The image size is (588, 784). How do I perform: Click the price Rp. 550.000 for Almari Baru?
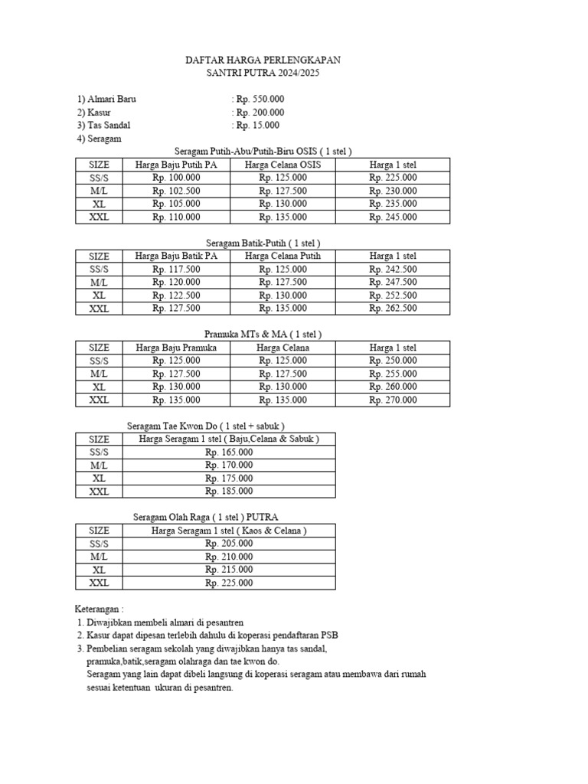(260, 100)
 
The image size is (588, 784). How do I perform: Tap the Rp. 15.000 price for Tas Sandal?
(257, 126)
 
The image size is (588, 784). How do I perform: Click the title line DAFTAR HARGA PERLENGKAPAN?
(263, 60)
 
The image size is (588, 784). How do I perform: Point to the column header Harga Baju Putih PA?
(176, 165)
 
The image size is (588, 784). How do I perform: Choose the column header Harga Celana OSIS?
(283, 165)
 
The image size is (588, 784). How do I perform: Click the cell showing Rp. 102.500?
(176, 191)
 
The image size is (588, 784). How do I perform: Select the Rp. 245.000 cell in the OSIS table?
(393, 217)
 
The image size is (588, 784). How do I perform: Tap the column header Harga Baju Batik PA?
(176, 256)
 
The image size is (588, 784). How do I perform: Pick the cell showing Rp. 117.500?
(176, 269)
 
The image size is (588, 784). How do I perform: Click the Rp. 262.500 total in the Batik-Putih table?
(393, 308)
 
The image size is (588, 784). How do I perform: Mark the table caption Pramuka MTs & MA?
(263, 335)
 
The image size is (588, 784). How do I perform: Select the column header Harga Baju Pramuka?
(176, 348)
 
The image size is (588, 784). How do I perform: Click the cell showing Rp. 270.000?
(393, 400)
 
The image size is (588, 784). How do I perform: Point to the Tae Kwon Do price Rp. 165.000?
(228, 452)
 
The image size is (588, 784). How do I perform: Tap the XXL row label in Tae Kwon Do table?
(100, 492)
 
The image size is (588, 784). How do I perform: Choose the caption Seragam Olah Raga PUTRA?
(205, 517)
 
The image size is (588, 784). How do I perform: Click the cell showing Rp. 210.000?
(228, 557)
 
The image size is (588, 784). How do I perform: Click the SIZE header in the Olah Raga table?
(100, 530)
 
